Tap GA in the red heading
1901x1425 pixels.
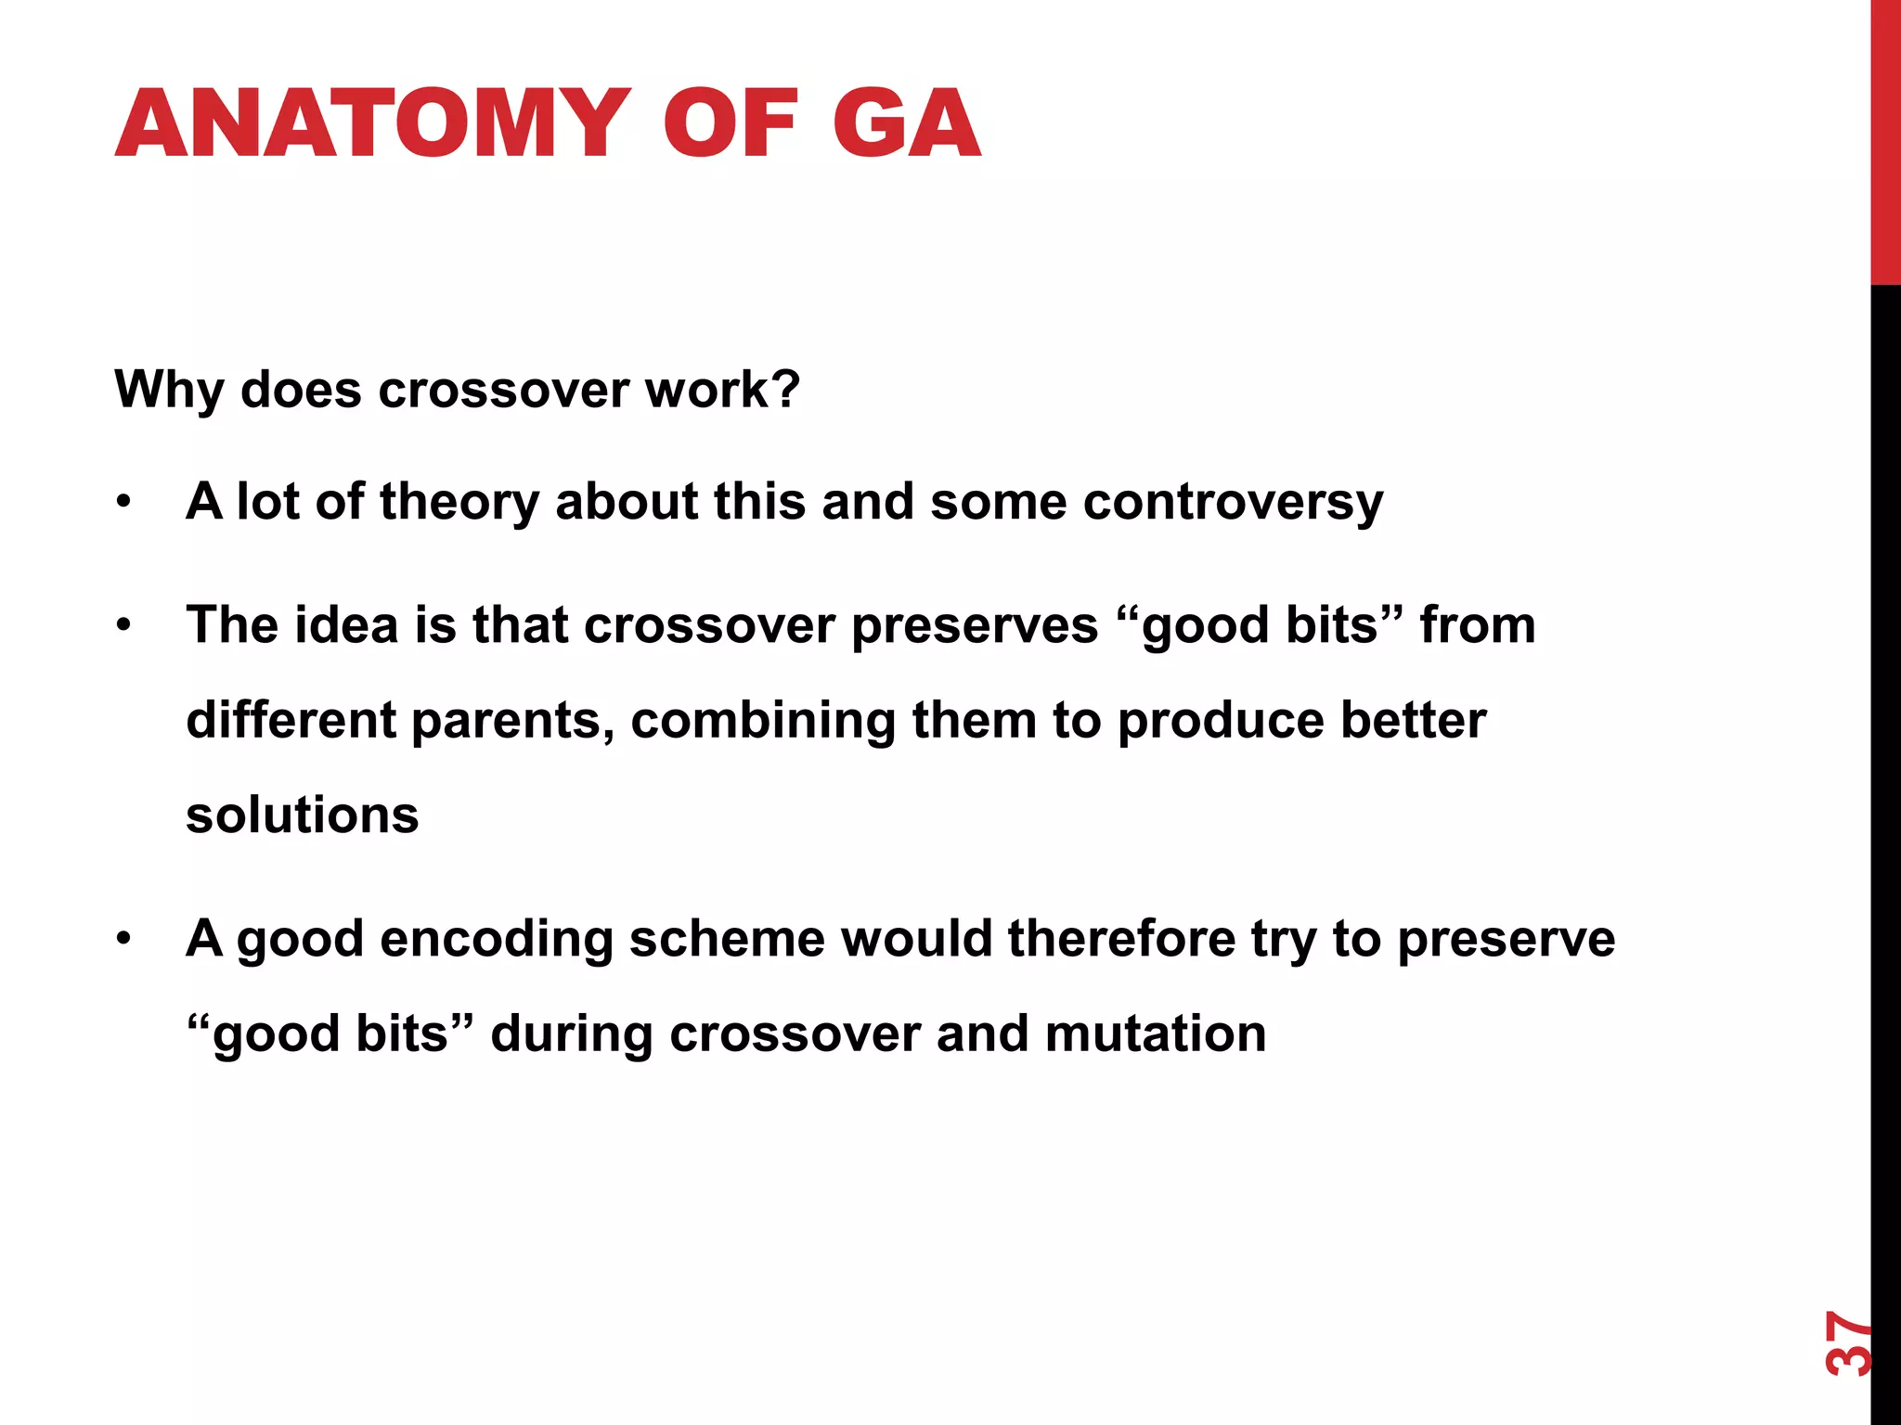click(x=906, y=123)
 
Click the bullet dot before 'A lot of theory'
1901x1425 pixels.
click(x=124, y=503)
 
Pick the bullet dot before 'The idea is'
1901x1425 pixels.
click(x=124, y=626)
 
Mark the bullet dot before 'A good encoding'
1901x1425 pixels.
click(x=124, y=939)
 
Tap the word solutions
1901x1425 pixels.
click(x=303, y=815)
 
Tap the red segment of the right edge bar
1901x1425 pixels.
click(x=1885, y=139)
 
